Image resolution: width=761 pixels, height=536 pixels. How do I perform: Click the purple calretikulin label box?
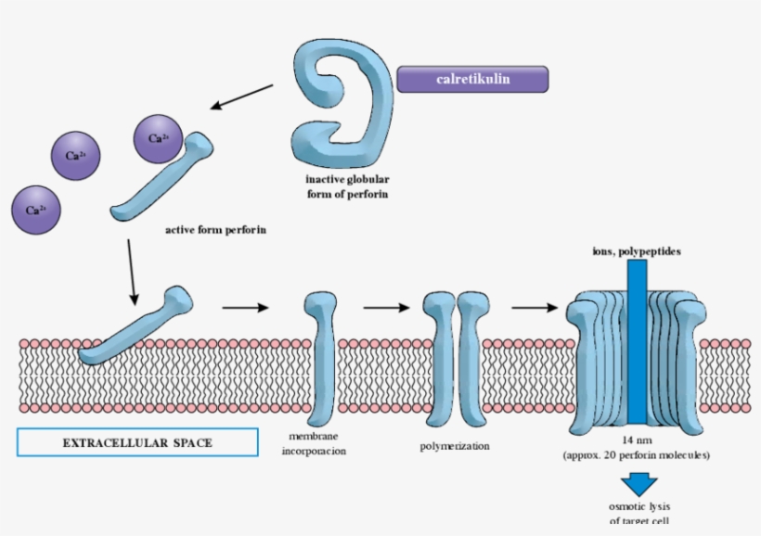click(x=472, y=79)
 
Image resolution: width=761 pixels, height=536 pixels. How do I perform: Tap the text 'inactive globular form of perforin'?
click(x=347, y=186)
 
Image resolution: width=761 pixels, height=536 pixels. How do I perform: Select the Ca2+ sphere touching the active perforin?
click(x=158, y=138)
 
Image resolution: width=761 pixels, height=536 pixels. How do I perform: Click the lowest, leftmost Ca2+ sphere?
click(x=35, y=210)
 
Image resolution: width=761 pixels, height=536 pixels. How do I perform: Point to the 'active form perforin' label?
click(x=215, y=229)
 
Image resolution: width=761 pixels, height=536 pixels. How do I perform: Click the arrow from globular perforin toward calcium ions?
click(x=242, y=96)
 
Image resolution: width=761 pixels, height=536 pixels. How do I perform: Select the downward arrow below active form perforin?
click(x=133, y=270)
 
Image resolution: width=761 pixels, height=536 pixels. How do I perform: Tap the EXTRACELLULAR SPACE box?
click(x=137, y=443)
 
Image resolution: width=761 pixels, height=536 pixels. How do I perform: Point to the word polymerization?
click(x=454, y=447)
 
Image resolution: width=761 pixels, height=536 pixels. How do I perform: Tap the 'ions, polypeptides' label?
click(x=636, y=251)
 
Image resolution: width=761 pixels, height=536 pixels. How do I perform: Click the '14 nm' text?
click(x=636, y=441)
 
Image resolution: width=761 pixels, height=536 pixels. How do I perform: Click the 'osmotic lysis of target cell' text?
click(x=638, y=514)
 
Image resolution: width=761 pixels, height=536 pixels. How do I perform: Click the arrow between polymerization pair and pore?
click(x=533, y=307)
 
